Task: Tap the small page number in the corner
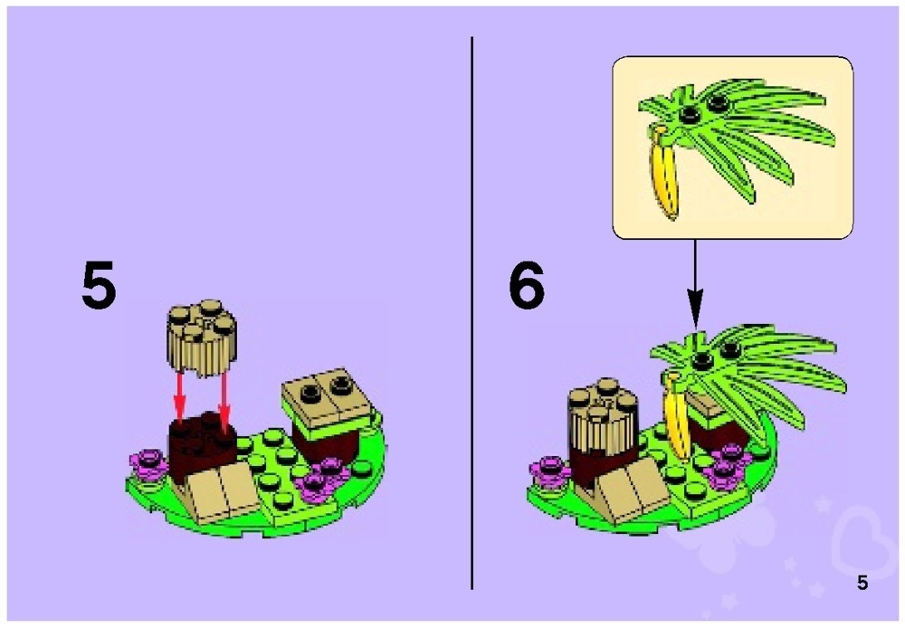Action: [x=862, y=583]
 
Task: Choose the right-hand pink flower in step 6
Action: [x=725, y=471]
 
